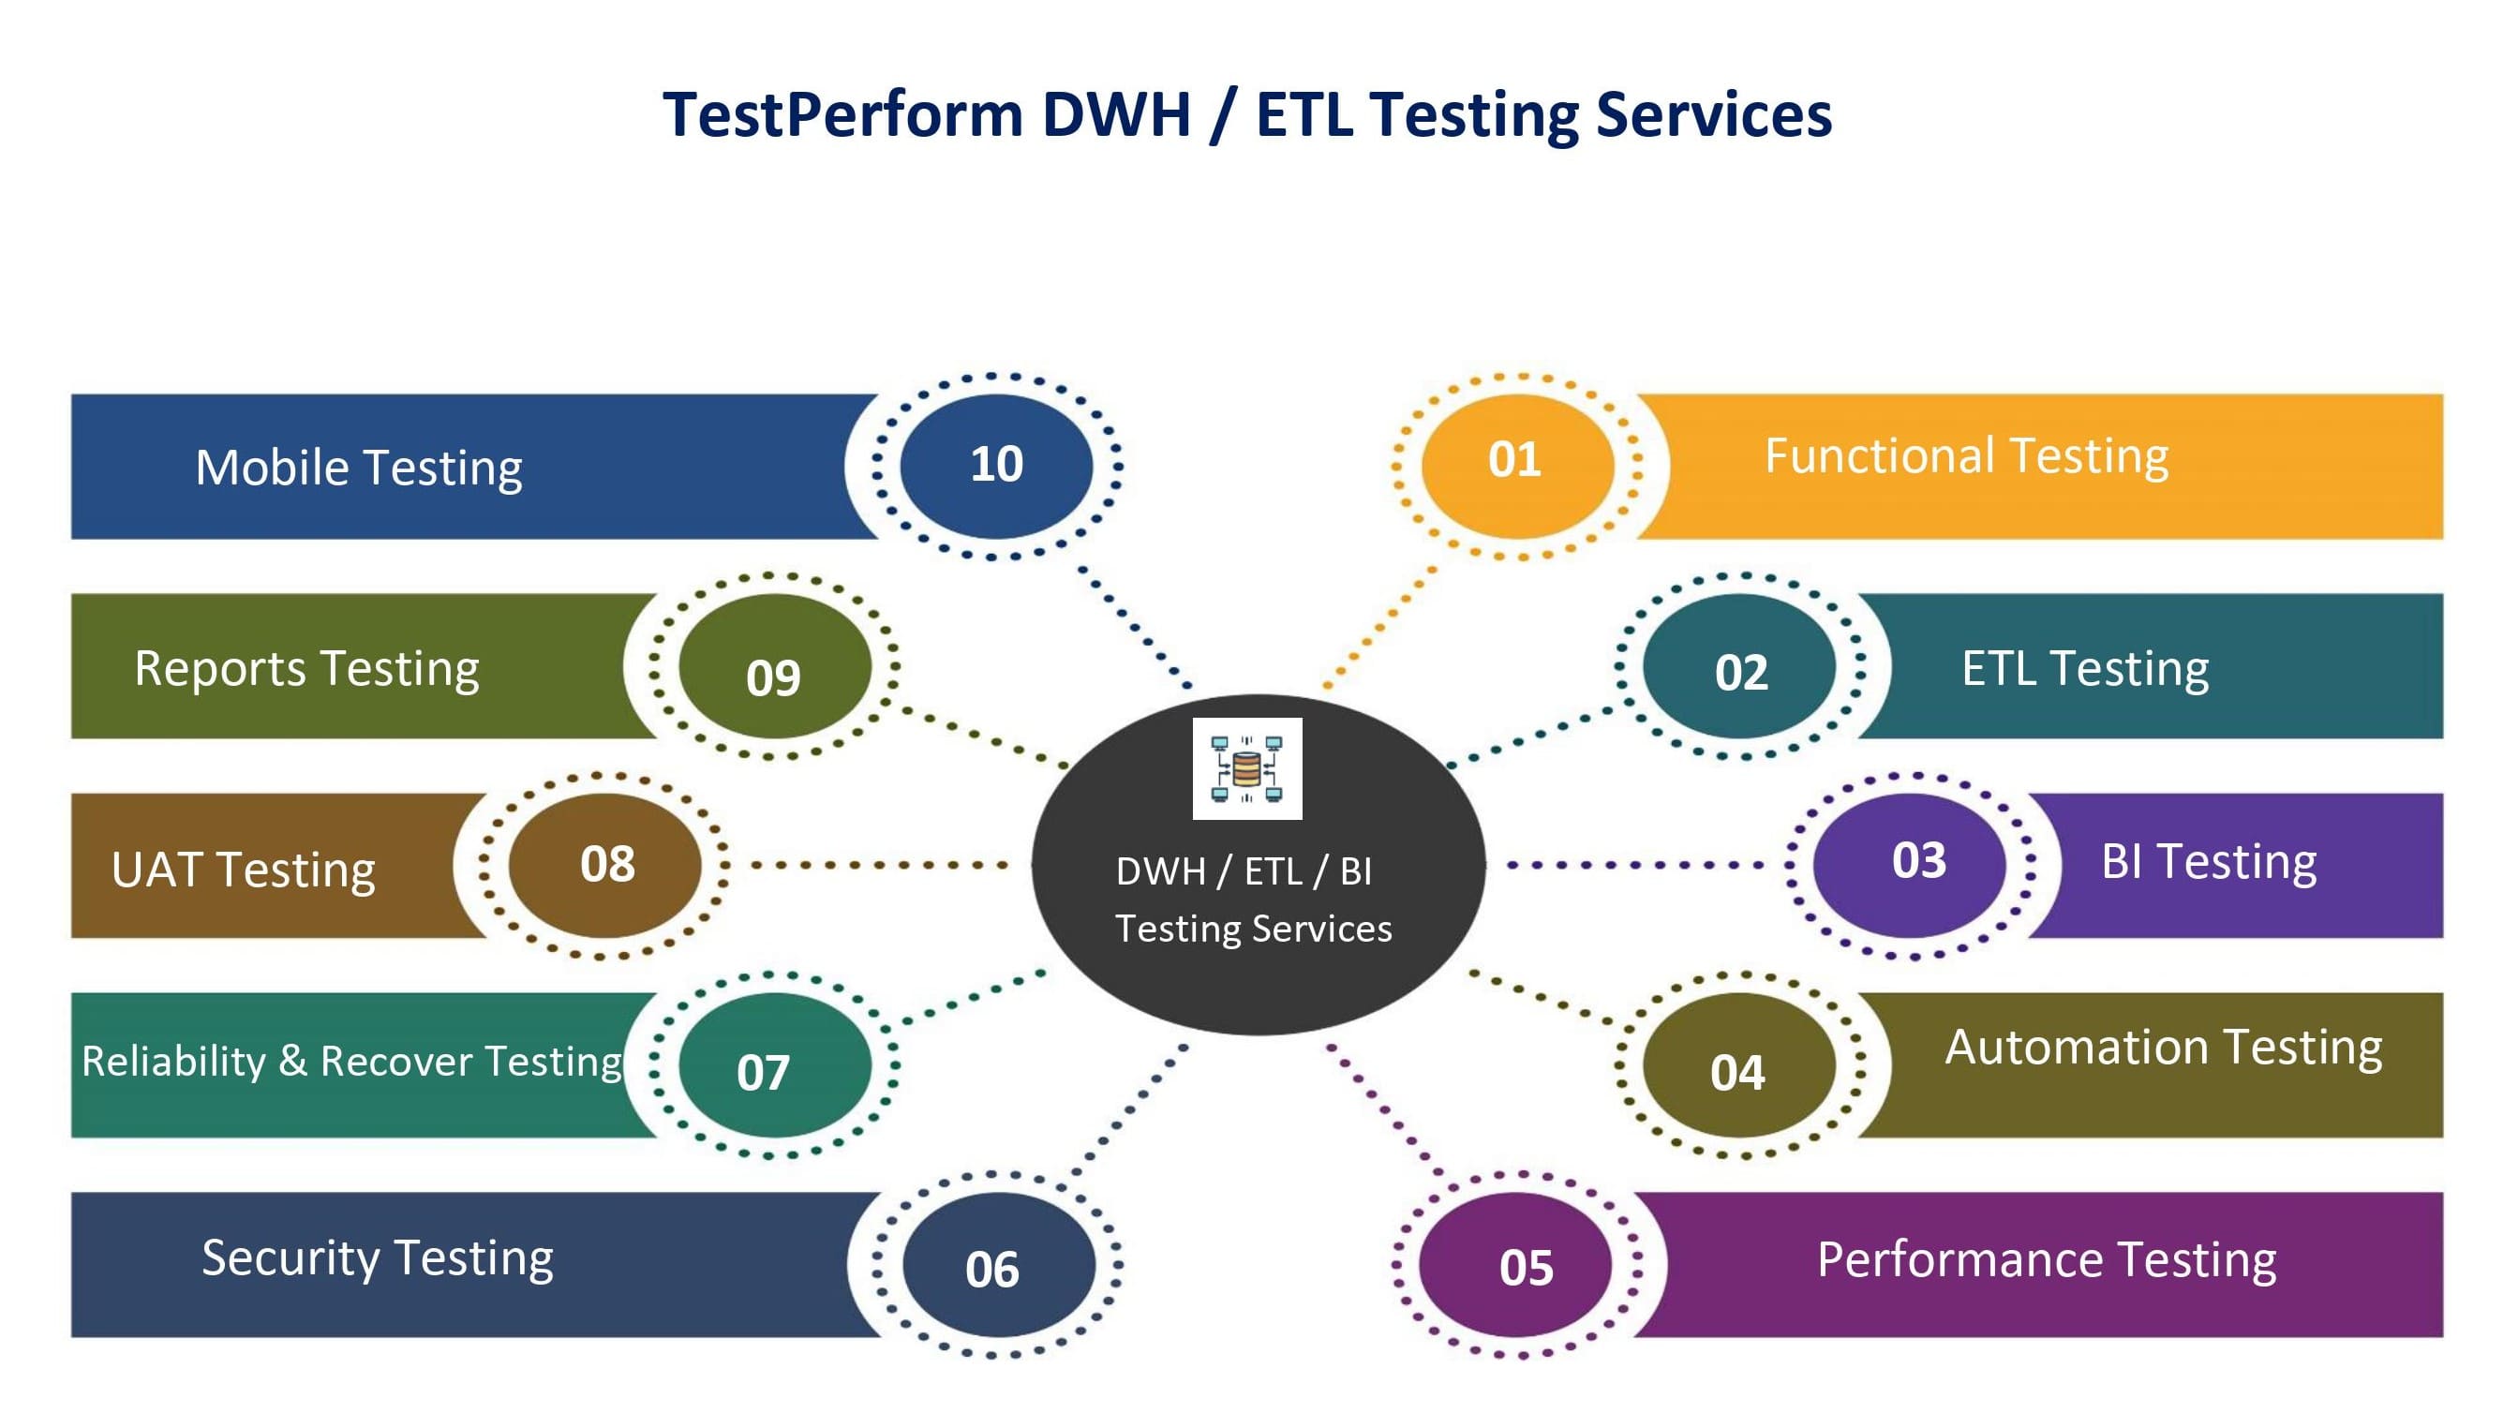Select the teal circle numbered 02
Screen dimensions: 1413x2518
(1740, 668)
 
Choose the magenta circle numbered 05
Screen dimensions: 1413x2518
(1516, 1266)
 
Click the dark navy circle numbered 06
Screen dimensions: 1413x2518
(998, 1266)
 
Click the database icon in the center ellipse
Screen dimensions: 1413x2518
(1246, 768)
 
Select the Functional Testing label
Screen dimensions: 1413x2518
(1966, 456)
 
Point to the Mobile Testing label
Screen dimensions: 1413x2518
(359, 467)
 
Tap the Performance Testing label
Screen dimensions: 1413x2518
(2046, 1259)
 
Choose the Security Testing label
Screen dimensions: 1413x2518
(378, 1258)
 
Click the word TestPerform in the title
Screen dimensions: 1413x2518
(842, 114)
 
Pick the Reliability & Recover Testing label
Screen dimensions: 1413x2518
(352, 1062)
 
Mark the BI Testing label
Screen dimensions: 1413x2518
(2208, 862)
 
